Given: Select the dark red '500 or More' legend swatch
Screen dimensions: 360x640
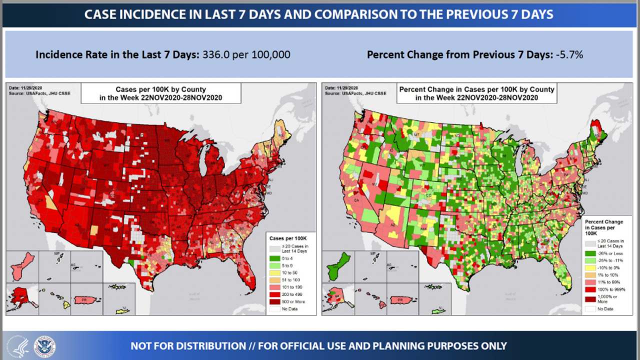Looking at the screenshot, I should tap(274, 301).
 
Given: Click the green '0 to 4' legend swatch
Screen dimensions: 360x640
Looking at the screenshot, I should tap(274, 258).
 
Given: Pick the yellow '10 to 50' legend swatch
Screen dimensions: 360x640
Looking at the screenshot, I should tap(274, 273).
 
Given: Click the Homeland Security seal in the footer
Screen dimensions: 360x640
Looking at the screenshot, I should tap(44, 346).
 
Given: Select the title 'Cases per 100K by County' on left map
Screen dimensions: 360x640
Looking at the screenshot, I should tap(160, 89).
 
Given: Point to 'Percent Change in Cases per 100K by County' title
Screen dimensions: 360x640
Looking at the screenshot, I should tap(476, 89).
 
